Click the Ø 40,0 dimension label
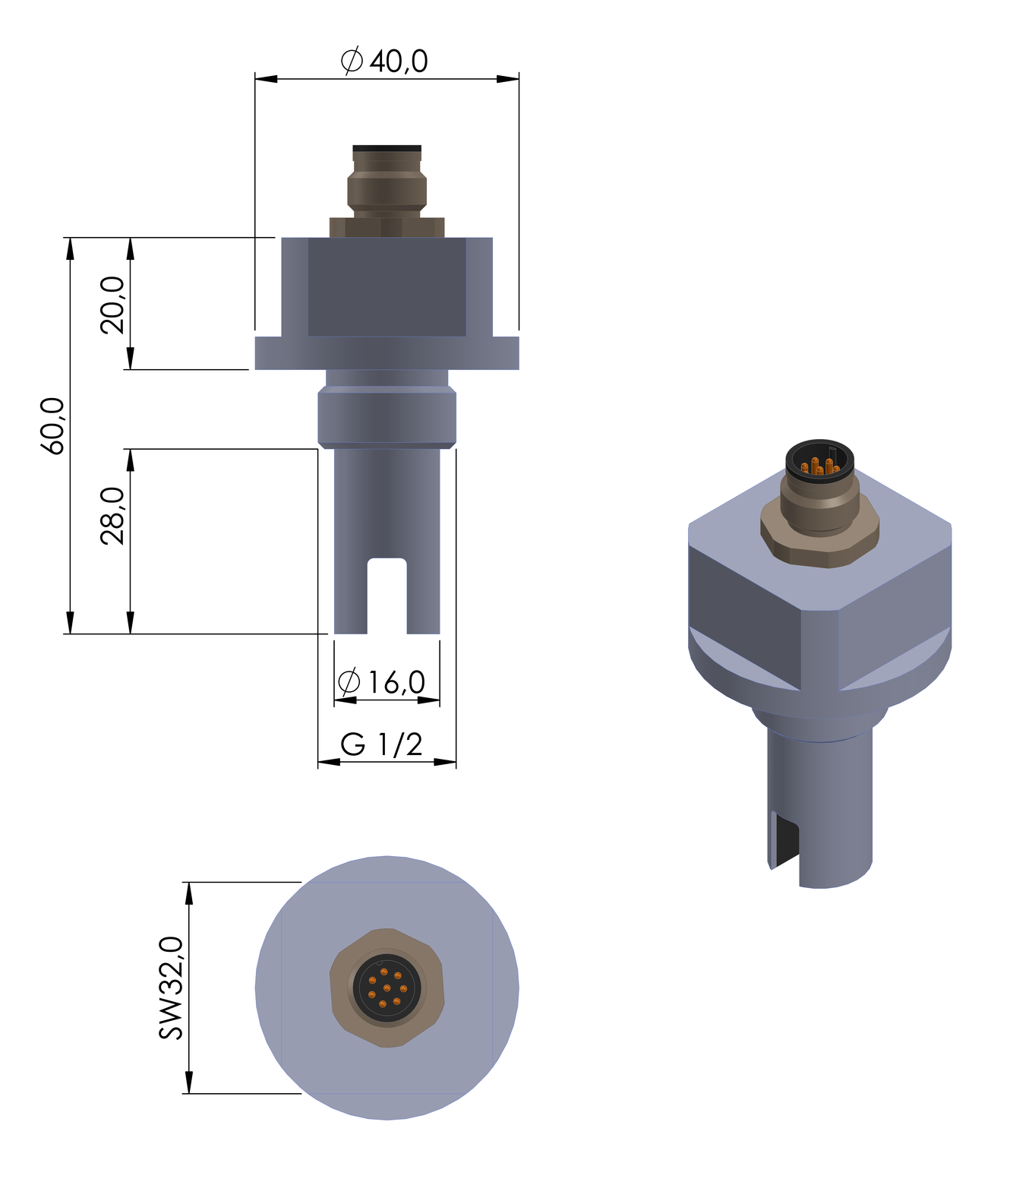[x=383, y=61]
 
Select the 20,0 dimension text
[x=113, y=305]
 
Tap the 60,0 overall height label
[x=53, y=426]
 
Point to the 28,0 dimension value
[x=113, y=516]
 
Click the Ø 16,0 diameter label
[x=381, y=681]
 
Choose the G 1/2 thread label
[x=381, y=744]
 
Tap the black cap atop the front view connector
[x=387, y=148]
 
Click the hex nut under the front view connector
[x=387, y=227]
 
